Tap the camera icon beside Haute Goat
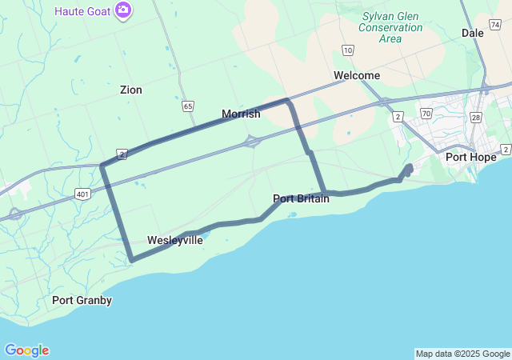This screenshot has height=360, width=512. click(123, 10)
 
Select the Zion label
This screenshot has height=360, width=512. click(130, 90)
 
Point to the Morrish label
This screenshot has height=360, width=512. click(241, 114)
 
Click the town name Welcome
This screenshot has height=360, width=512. click(357, 75)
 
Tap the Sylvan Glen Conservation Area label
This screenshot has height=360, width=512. click(390, 26)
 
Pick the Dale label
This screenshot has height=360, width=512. click(473, 33)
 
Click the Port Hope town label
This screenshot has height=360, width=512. click(471, 157)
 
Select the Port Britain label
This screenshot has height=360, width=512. click(301, 198)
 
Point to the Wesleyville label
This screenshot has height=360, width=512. click(174, 240)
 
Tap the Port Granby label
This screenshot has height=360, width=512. click(82, 300)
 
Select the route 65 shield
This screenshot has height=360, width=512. click(188, 106)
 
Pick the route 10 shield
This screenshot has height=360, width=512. click(347, 50)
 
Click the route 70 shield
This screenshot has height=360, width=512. click(426, 114)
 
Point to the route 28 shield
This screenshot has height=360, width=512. click(475, 118)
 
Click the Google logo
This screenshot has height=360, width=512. click(26, 350)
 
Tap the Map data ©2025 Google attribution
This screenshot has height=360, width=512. click(462, 354)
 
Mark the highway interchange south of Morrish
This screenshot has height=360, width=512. click(252, 142)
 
